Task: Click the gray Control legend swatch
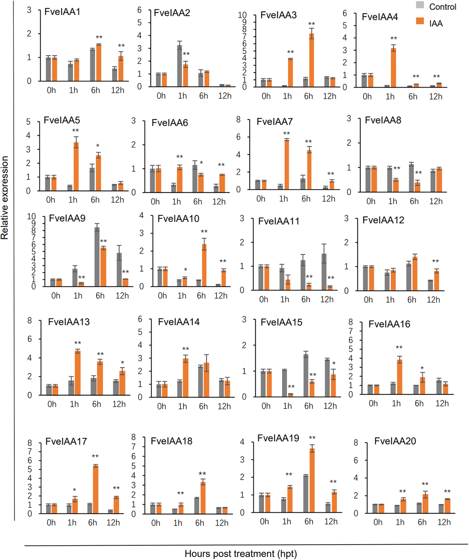(x=420, y=5)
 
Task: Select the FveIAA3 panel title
(x=278, y=15)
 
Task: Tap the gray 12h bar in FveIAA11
(x=324, y=272)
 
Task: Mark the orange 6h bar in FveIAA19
(x=312, y=480)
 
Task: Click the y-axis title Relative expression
(x=5, y=197)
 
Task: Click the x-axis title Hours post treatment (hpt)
(x=240, y=554)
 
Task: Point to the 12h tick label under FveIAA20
(x=444, y=522)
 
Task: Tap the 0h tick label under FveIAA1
(x=51, y=90)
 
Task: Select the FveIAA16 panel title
(x=389, y=324)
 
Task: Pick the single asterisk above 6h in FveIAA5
(x=98, y=146)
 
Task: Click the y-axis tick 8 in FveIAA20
(x=356, y=443)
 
